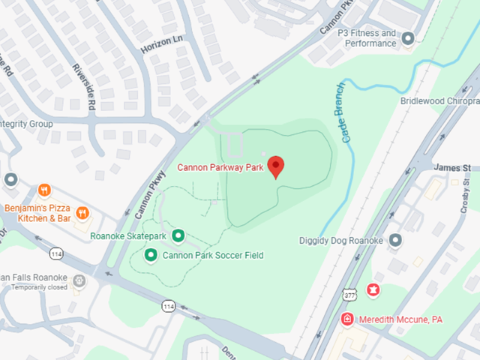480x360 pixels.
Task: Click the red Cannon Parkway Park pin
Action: [276, 166]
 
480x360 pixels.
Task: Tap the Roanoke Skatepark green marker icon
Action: [178, 237]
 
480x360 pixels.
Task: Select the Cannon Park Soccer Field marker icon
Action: [151, 256]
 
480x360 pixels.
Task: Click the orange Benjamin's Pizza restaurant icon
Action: [44, 190]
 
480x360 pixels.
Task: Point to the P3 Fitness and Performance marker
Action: [408, 38]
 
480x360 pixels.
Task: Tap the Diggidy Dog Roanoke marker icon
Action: [396, 240]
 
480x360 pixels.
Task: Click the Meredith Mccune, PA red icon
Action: [347, 319]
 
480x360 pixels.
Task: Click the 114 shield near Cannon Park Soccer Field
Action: [169, 306]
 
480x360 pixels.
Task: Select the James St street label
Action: [451, 167]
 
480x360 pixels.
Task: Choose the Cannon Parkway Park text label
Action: [220, 167]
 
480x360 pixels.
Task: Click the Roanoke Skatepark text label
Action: [127, 237]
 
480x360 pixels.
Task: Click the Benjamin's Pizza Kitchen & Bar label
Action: [37, 212]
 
